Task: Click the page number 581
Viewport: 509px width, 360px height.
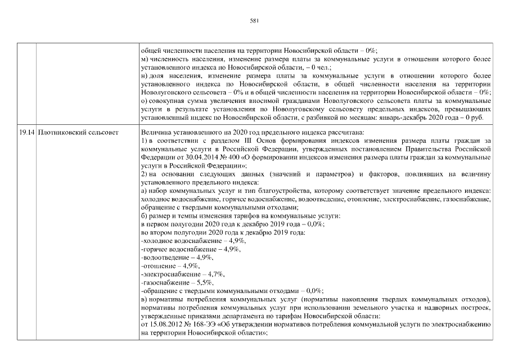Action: click(254, 21)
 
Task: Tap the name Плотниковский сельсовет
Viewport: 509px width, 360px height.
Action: click(79, 132)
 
